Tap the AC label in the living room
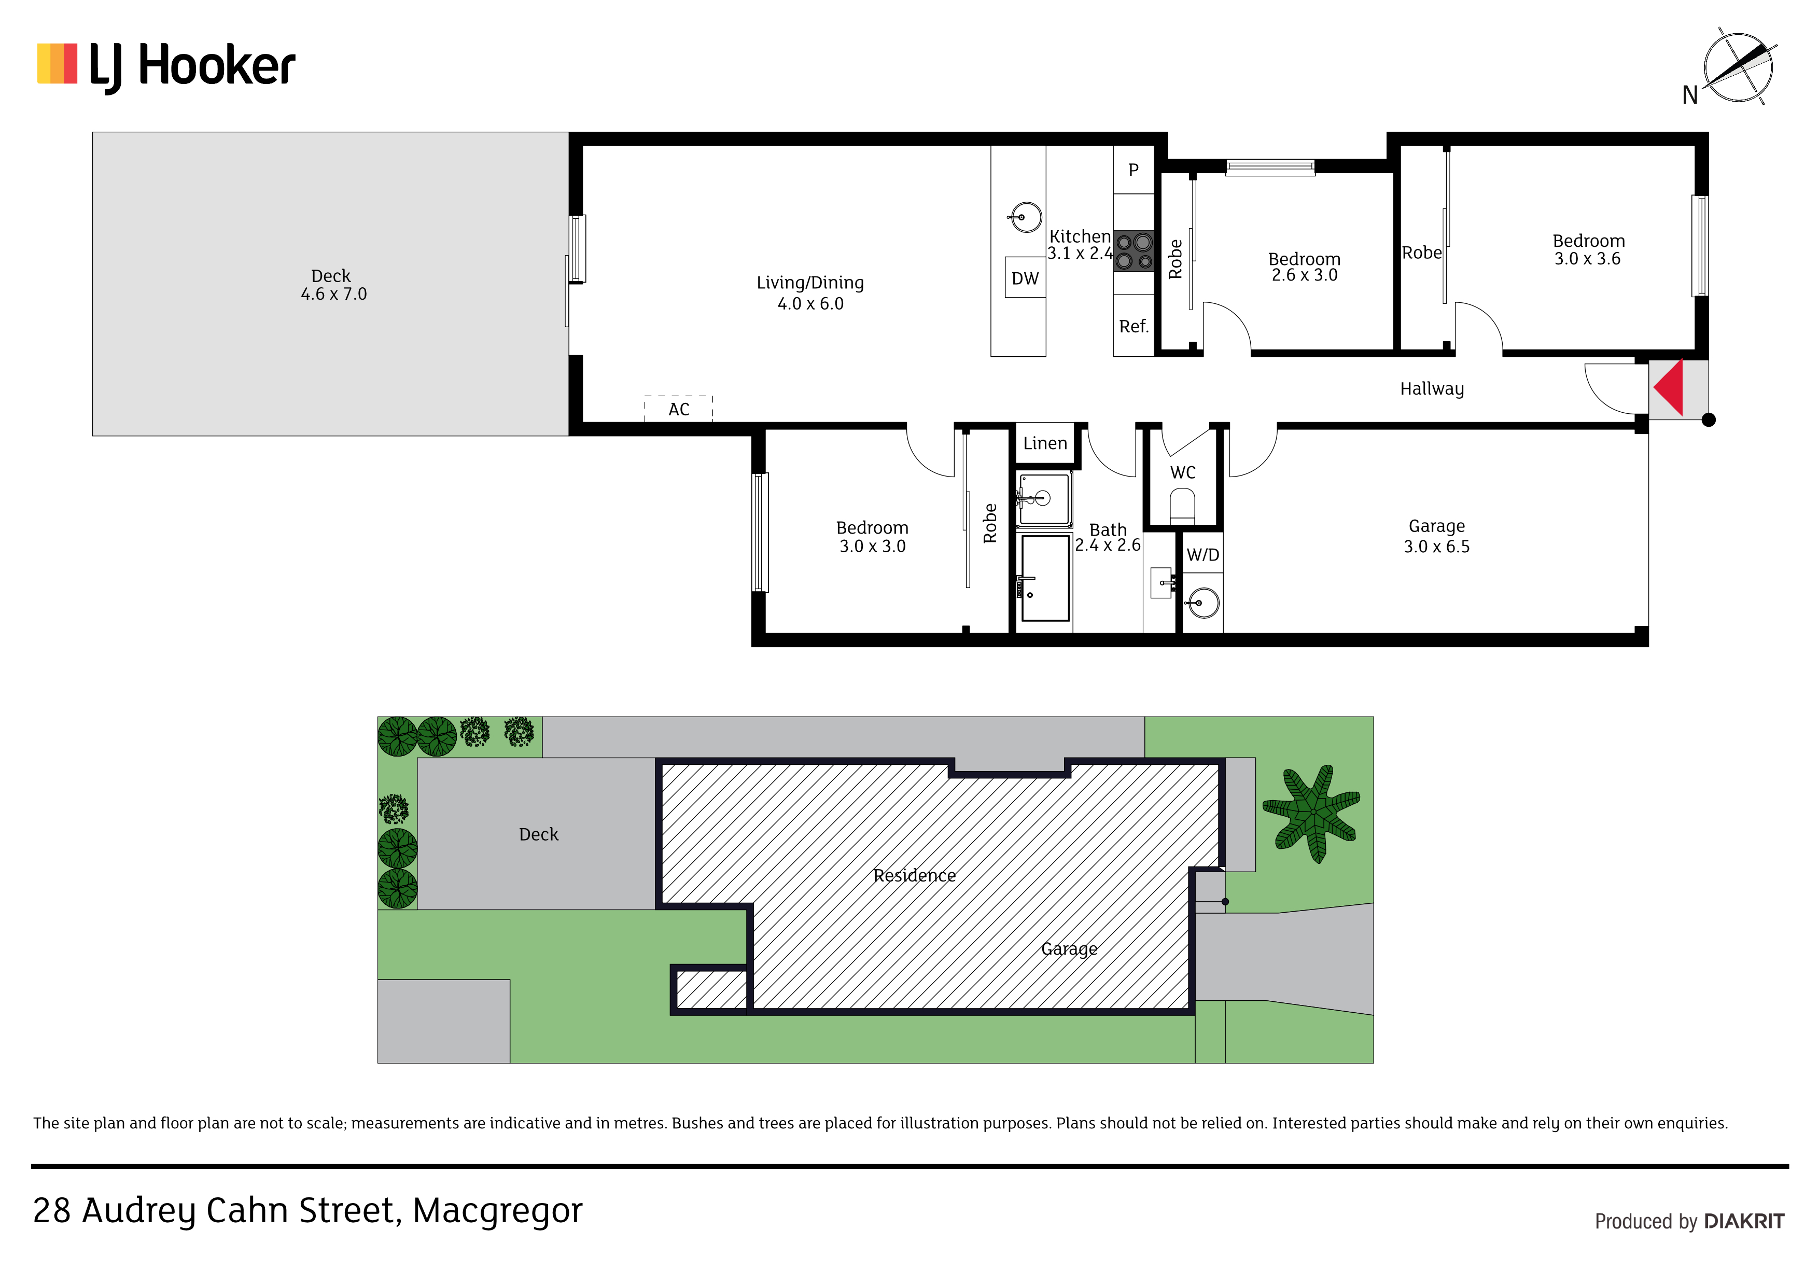679,410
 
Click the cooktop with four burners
1134,251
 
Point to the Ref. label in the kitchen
1134,327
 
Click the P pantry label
1134,170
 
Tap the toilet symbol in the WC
1182,505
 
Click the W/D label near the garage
1202,555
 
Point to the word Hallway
1432,389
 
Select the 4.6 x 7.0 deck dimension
333,294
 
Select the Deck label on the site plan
539,834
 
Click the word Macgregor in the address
498,1211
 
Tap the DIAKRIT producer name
1744,1221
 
